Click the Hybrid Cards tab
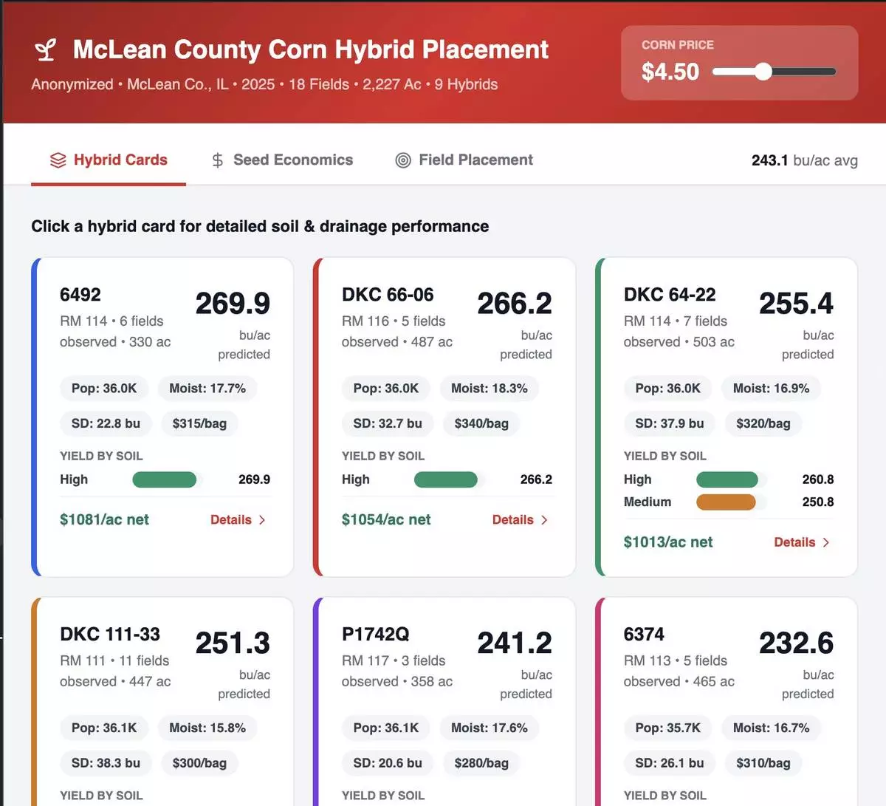109,160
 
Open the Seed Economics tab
282,160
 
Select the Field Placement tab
464,160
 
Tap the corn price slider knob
763,72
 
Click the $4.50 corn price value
670,72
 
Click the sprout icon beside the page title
46,50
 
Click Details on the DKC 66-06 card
520,520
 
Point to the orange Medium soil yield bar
726,502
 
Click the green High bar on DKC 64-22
727,479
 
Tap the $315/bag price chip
199,424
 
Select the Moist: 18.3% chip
489,389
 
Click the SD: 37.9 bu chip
669,424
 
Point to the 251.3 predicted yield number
233,643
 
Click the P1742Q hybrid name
375,635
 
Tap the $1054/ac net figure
386,520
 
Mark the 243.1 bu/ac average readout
804,160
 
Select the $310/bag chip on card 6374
763,763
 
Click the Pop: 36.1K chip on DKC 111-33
104,728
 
